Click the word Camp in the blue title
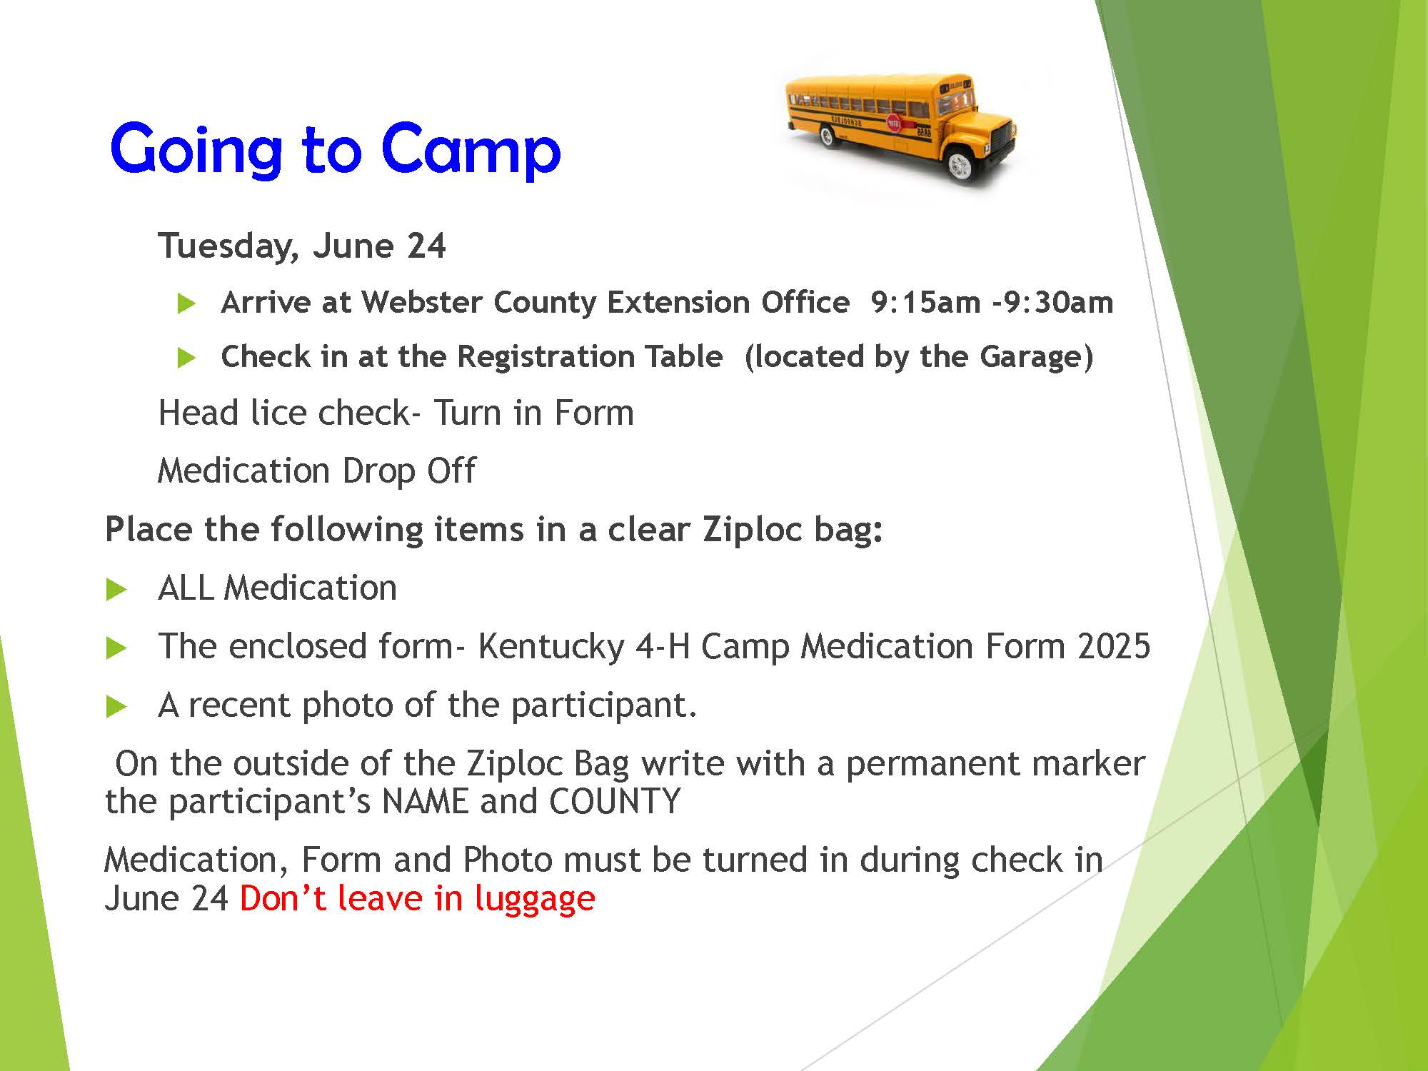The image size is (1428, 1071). coord(471,150)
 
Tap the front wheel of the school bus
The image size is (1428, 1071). coord(958,166)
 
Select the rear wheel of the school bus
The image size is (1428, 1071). coord(828,136)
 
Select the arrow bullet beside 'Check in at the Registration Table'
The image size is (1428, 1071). coord(186,358)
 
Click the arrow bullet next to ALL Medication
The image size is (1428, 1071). coord(116,590)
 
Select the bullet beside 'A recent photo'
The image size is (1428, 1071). coord(116,707)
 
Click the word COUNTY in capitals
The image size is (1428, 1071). coord(615,802)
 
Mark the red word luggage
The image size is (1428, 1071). coord(535,899)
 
